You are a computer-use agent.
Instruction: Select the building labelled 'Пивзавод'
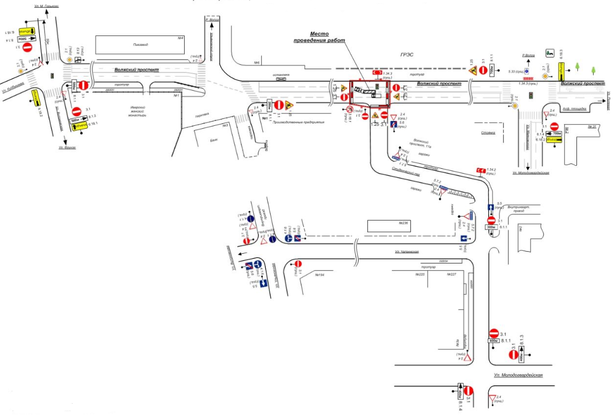(x=140, y=44)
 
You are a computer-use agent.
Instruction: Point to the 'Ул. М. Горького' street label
(x=46, y=6)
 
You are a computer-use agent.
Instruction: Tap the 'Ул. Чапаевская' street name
(x=407, y=252)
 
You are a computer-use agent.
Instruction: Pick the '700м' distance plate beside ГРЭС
(x=492, y=71)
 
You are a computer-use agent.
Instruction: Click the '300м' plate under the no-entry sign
(x=492, y=228)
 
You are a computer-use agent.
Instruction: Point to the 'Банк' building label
(x=213, y=141)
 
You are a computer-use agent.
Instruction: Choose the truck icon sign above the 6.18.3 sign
(x=549, y=52)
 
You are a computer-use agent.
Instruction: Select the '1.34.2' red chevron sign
(x=479, y=170)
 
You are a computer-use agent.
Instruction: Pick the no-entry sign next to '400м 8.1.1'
(x=493, y=333)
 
